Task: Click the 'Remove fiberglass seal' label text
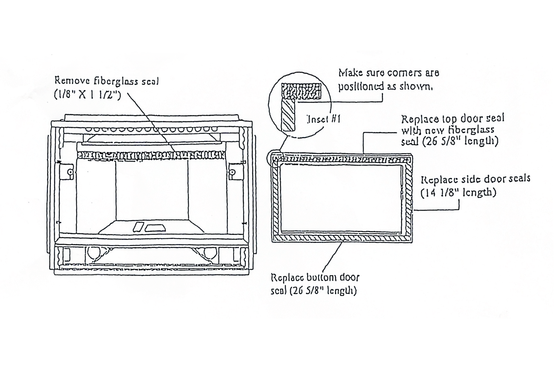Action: coord(107,81)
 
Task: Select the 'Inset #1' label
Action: coord(324,119)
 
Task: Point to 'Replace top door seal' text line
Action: coord(453,119)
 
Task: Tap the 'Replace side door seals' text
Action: coord(476,179)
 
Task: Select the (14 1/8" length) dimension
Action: coord(458,193)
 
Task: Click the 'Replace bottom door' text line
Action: coord(315,278)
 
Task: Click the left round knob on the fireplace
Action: coord(70,172)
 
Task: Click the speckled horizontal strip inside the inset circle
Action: coord(301,91)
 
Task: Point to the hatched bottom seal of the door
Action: coord(342,238)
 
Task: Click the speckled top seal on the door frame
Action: coord(342,159)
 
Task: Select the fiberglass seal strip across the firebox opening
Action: coord(151,155)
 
